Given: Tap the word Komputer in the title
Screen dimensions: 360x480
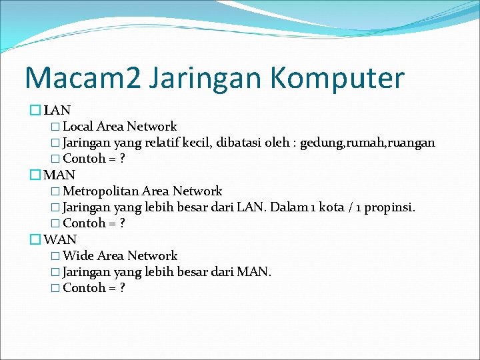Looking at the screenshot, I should click(337, 78).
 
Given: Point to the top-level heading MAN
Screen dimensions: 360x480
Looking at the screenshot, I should click(59, 175).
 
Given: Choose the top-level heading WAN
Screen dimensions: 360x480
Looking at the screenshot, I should click(60, 239).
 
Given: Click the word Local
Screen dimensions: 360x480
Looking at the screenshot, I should click(77, 127).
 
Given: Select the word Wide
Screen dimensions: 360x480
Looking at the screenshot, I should click(78, 256).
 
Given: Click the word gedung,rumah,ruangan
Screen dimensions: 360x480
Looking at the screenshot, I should click(367, 143).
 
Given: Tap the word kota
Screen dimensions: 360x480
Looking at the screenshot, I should click(331, 207).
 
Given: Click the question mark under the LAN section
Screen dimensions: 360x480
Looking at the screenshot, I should click(122, 159).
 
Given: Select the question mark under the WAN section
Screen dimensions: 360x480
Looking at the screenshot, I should click(122, 289).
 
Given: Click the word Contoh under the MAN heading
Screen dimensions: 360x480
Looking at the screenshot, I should click(84, 224).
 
